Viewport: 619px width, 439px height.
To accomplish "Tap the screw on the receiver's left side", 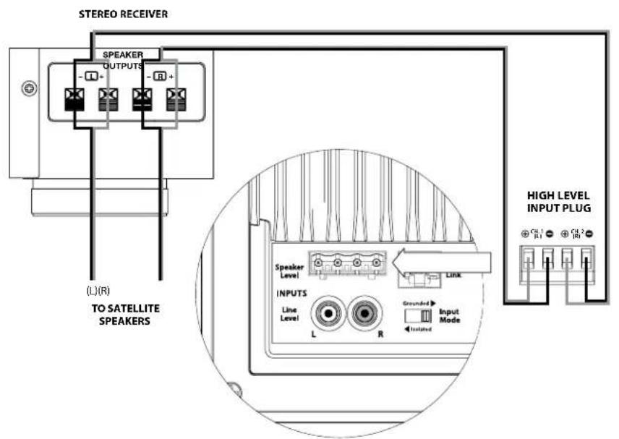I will (x=30, y=89).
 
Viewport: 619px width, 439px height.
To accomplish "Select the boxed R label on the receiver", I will (x=159, y=76).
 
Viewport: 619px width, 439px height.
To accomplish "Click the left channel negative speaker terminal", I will (x=74, y=100).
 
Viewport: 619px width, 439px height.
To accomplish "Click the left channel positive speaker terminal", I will (x=108, y=100).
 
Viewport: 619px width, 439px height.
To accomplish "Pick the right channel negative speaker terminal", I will (x=142, y=100).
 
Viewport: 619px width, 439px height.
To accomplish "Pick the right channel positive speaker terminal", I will (x=175, y=100).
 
